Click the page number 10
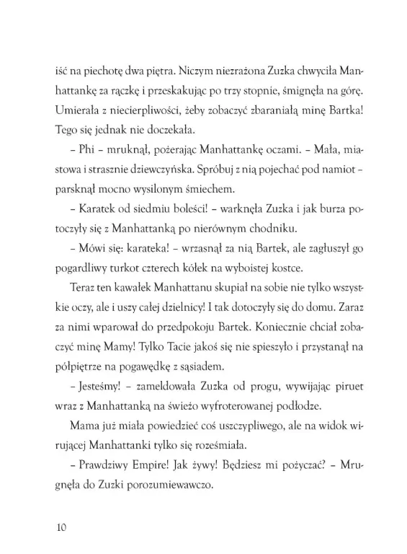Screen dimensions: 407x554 tap(61, 527)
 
